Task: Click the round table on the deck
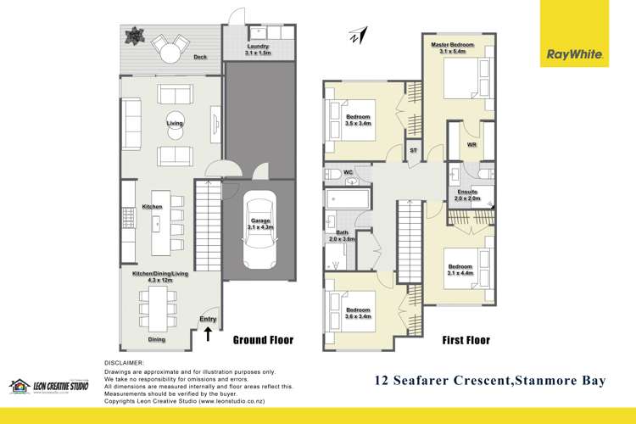(171, 52)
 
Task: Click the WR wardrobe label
(472, 145)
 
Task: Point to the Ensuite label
(467, 192)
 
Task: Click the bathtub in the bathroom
(348, 202)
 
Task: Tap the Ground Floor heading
(263, 340)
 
